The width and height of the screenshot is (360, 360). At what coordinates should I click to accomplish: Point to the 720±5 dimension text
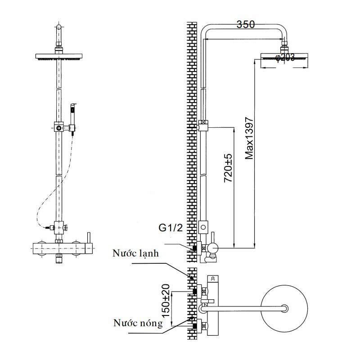[x=228, y=167]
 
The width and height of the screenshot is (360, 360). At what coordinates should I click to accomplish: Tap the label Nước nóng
[x=138, y=323]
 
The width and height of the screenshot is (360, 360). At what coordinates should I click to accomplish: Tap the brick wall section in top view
[x=192, y=306]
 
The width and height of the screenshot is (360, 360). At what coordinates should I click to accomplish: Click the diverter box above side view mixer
[x=203, y=228]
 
